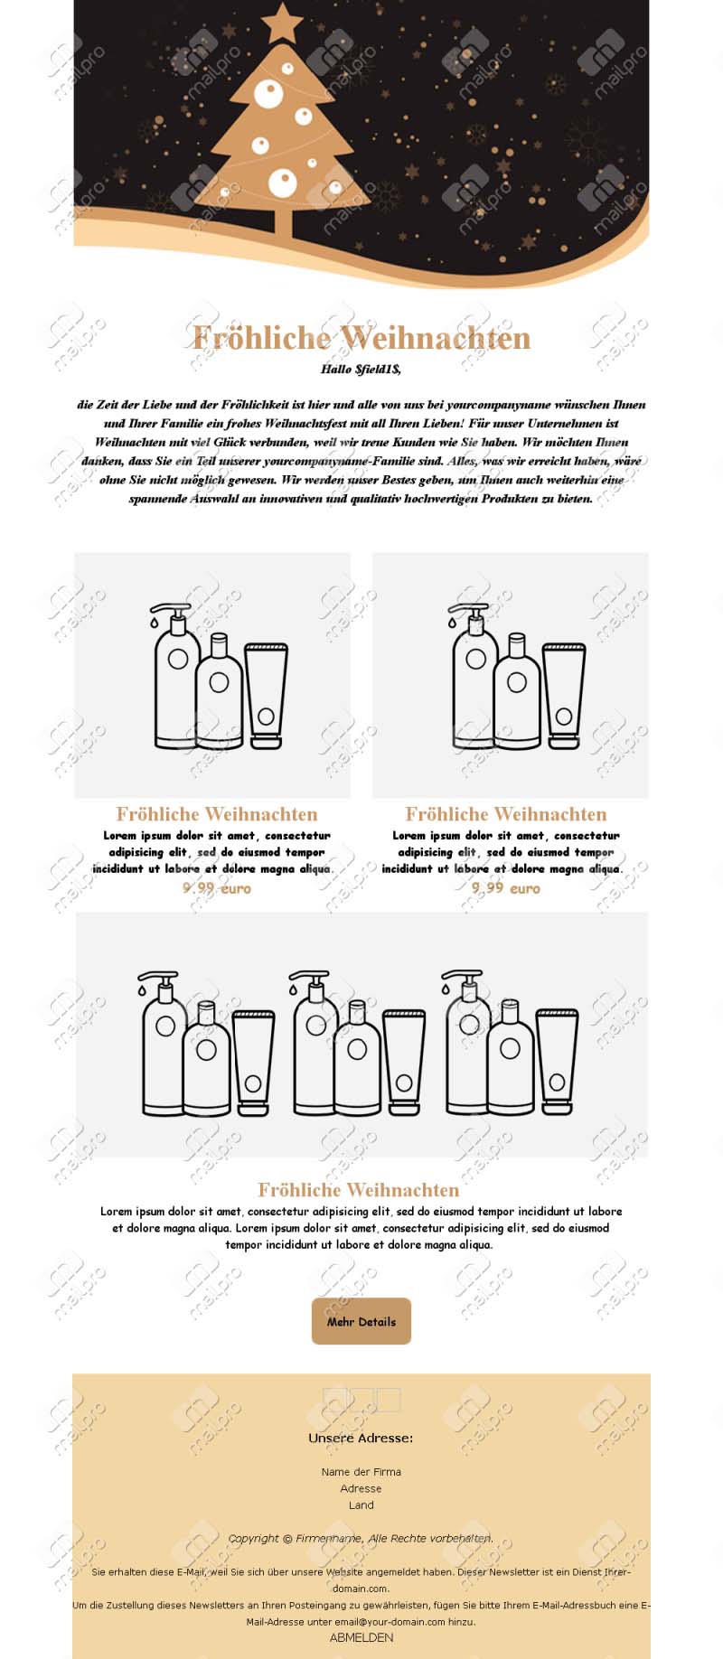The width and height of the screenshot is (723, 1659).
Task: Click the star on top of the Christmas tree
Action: coord(283,23)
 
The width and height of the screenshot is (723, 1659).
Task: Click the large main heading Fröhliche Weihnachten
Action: coord(361,338)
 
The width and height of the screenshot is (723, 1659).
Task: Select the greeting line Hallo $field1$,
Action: coord(361,369)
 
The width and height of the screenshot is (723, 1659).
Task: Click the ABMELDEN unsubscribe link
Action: coord(361,1636)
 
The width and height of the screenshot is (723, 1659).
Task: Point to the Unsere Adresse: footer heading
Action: coord(361,1438)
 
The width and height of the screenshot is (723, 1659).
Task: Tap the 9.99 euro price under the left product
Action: coord(217,888)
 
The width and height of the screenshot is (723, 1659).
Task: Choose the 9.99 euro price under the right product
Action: coord(506,888)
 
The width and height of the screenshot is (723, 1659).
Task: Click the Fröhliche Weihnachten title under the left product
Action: coord(217,814)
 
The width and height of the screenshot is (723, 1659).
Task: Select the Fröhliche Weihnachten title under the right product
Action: coord(506,814)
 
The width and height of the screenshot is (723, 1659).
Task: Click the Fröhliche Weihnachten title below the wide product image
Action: coord(359,1190)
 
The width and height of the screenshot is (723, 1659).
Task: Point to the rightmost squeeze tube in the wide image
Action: coord(557,1062)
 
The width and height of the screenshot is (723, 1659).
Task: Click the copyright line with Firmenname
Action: coord(361,1538)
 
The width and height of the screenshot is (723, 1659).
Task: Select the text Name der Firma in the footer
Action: coord(361,1472)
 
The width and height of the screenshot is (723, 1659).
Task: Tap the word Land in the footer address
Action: coord(361,1504)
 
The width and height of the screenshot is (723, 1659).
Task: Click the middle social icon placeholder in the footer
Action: coord(361,1400)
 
